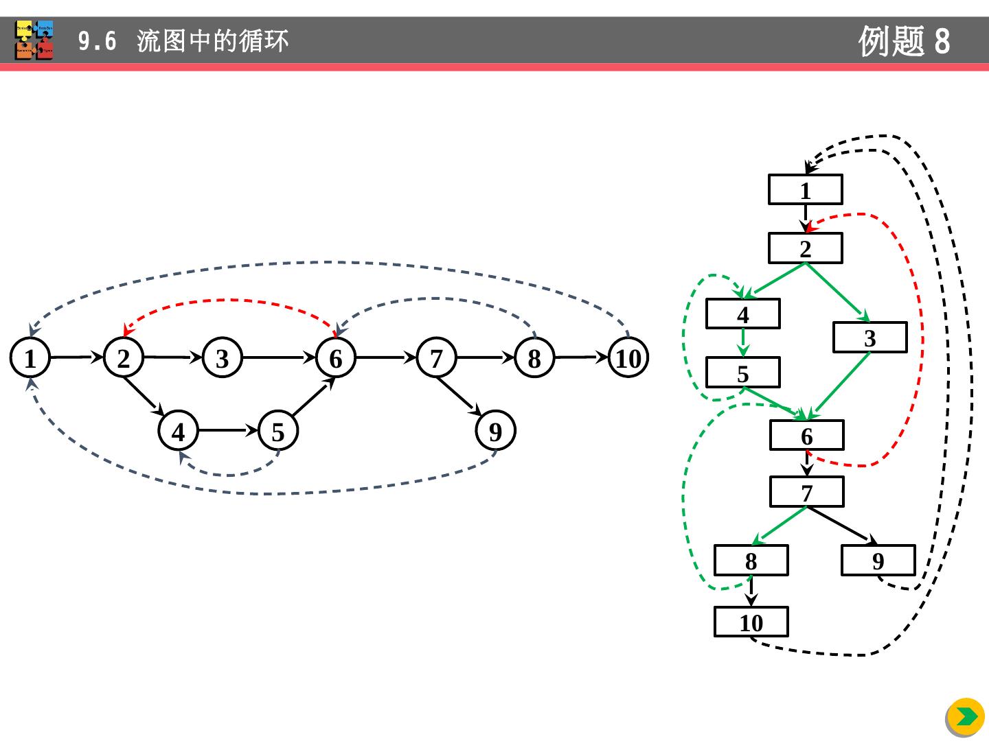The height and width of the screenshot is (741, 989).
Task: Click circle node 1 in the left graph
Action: click(30, 358)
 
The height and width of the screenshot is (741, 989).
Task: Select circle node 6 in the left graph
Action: click(335, 358)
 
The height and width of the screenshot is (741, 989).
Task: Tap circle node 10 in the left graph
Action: click(628, 358)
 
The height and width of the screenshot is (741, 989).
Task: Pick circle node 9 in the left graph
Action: click(495, 432)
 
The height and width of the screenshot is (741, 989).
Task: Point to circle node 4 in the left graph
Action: click(179, 432)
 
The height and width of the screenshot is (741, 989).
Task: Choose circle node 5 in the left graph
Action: click(277, 432)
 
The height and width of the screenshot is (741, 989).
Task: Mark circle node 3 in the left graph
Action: click(223, 358)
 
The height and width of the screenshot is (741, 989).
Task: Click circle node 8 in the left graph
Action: click(534, 358)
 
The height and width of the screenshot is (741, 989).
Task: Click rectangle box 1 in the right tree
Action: click(806, 190)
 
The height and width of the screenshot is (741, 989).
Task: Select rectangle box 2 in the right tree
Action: click(806, 248)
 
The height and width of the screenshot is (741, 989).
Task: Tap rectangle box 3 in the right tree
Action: click(869, 338)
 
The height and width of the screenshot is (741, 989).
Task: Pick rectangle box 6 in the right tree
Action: click(806, 436)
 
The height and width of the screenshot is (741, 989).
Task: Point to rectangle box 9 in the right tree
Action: click(878, 561)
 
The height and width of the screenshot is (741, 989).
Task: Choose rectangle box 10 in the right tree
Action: click(751, 622)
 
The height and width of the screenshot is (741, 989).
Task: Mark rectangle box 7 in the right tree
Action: click(806, 493)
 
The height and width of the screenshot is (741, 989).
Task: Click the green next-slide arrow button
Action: click(966, 717)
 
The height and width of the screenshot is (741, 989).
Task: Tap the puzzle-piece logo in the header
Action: click(34, 40)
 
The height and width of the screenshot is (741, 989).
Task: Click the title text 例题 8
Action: click(904, 41)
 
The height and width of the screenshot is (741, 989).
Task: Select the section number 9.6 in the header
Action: click(97, 42)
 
